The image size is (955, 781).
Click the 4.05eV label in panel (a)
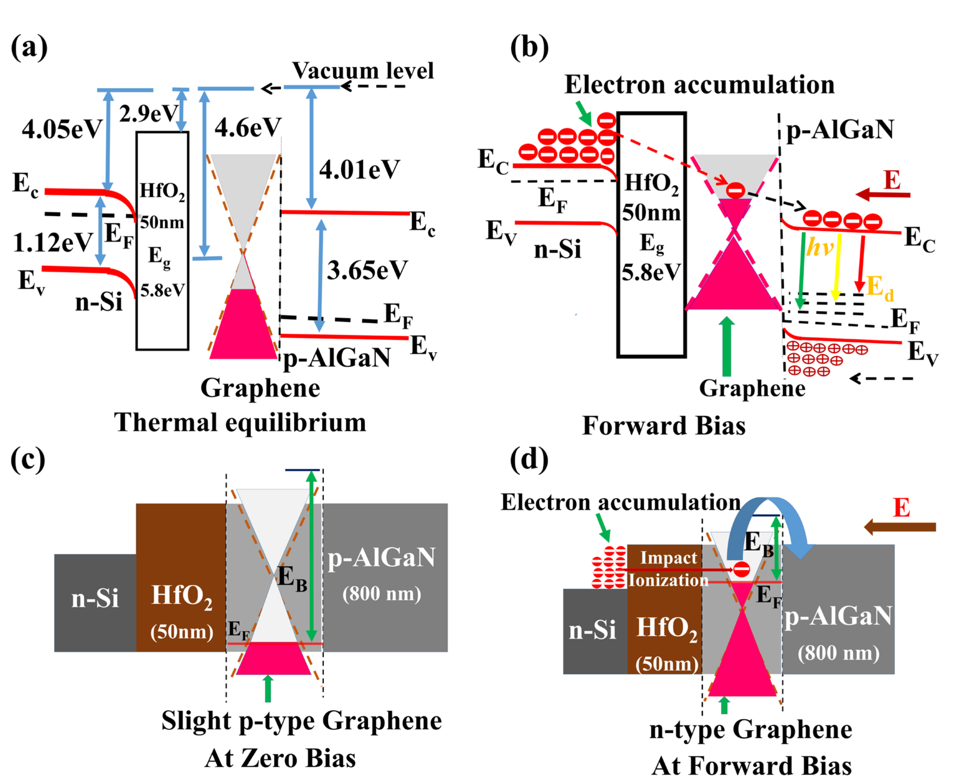click(62, 130)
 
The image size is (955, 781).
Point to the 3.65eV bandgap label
click(367, 270)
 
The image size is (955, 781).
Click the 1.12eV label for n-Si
click(53, 243)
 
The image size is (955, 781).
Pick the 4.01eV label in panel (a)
click(359, 170)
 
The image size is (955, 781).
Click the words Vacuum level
click(363, 71)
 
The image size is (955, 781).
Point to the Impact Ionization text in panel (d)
click(668, 569)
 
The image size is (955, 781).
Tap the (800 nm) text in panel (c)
click(381, 594)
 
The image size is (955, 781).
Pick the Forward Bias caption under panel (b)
click(664, 425)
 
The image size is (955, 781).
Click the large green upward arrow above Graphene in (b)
click(726, 346)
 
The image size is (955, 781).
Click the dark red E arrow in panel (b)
click(883, 195)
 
